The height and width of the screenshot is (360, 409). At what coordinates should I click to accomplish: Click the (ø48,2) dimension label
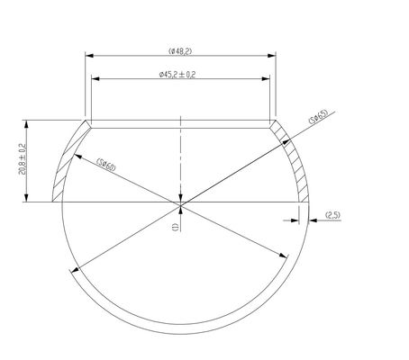[180, 51]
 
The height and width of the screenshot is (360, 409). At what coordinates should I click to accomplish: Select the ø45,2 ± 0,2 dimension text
[177, 75]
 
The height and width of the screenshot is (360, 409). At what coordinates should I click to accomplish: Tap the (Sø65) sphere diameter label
[318, 117]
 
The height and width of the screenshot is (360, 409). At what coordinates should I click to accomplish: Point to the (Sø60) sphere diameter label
[106, 165]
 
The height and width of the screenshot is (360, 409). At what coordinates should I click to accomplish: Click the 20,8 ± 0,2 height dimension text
[23, 159]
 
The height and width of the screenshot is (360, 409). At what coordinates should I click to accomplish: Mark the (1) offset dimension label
[176, 227]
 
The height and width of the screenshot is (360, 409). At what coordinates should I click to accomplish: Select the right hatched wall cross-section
[291, 159]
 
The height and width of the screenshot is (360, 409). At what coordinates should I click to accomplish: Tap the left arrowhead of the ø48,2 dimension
[89, 56]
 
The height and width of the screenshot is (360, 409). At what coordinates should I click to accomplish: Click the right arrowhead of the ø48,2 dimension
[272, 56]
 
